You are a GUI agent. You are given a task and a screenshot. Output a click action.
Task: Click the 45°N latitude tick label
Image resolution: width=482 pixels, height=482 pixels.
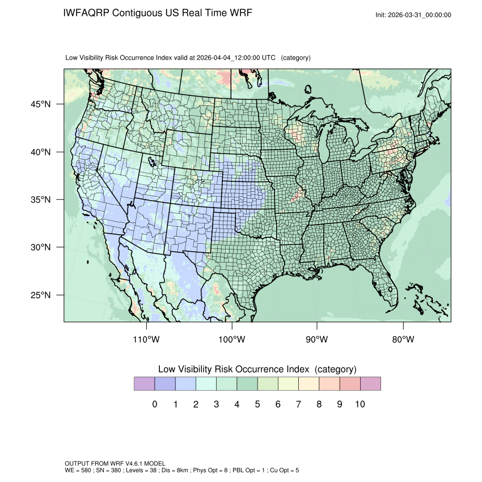tap(40, 104)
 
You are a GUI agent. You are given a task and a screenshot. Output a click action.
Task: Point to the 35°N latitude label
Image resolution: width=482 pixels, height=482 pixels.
tap(40, 200)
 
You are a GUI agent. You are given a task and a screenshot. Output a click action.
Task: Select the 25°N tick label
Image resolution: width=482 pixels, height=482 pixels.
tap(40, 295)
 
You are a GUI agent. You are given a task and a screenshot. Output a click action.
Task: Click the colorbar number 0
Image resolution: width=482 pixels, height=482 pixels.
tap(154, 404)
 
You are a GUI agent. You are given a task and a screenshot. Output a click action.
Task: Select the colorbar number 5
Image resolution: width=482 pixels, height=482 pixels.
tap(257, 404)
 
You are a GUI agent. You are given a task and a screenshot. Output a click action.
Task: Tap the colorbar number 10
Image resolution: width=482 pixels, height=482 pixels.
tap(360, 404)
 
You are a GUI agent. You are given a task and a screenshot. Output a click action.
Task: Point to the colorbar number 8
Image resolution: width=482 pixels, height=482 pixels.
tap(319, 404)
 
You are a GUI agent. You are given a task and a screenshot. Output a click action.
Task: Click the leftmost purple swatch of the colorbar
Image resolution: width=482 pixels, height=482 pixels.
tap(144, 384)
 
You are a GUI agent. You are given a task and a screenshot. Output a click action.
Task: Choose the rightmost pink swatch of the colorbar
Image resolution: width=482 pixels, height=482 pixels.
tap(370, 384)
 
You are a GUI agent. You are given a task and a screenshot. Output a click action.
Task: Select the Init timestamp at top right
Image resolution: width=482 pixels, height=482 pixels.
tap(413, 15)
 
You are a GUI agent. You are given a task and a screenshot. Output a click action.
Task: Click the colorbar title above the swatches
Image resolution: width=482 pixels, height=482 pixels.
tap(257, 369)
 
